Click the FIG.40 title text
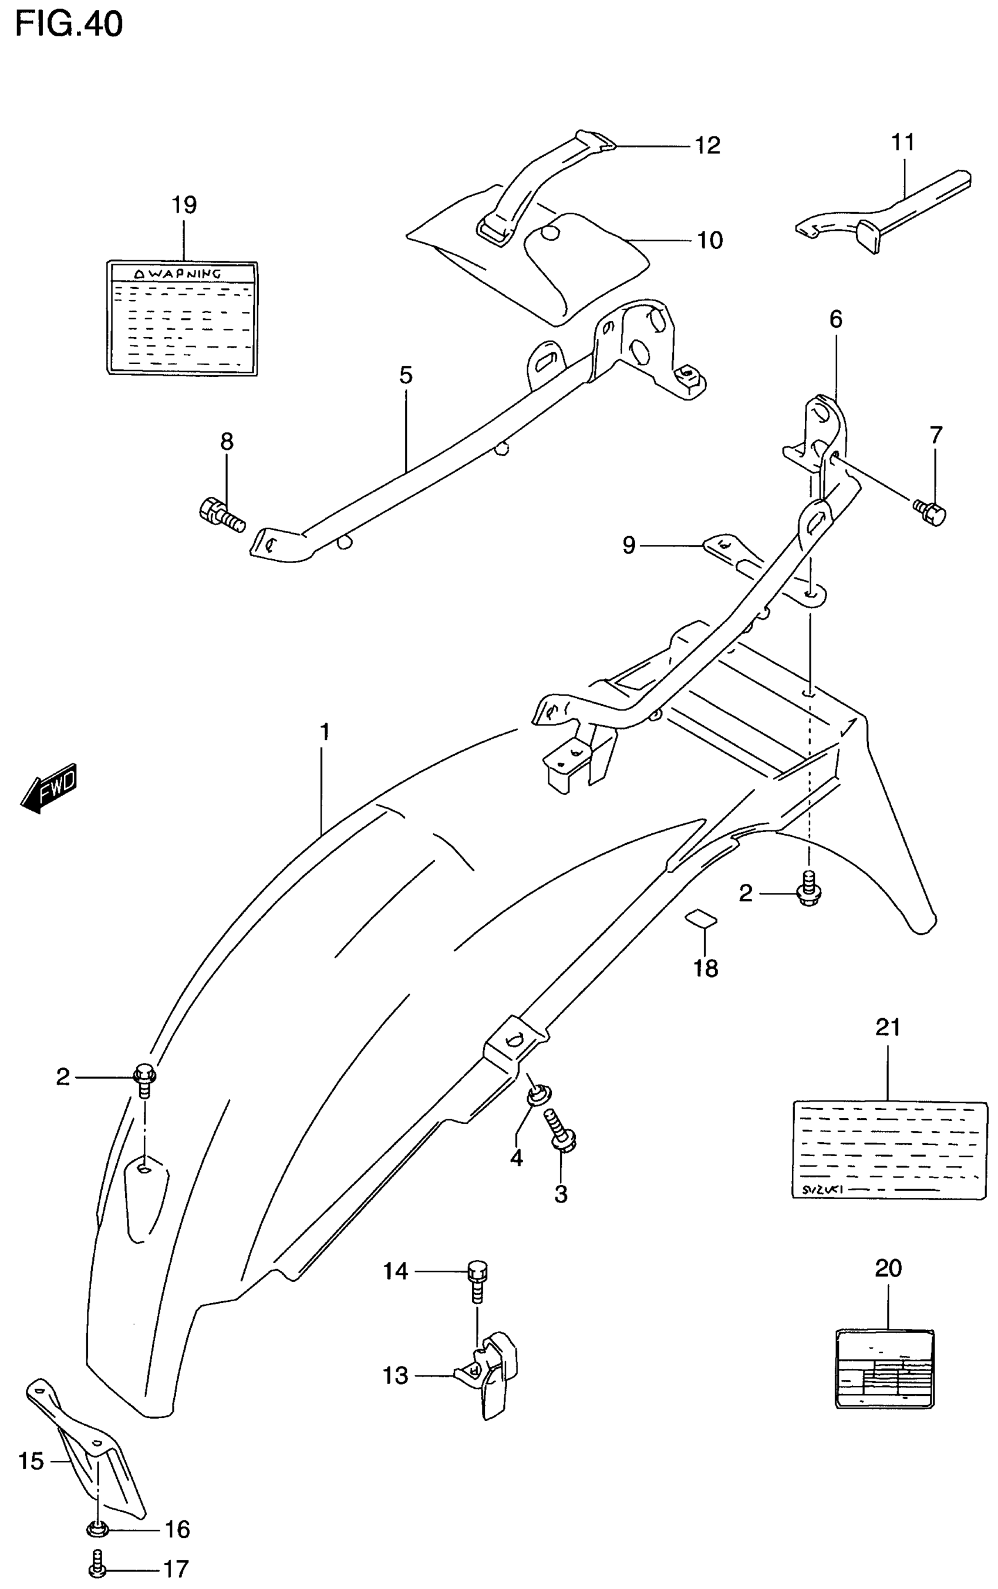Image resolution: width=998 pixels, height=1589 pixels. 69,25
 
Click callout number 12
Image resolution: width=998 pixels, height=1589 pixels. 707,145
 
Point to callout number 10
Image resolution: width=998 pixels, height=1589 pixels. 710,240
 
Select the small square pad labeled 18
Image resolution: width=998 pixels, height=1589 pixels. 700,917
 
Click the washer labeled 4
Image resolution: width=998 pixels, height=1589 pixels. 538,1096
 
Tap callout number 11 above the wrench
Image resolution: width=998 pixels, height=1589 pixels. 903,142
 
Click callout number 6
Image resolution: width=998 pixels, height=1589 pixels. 835,319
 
